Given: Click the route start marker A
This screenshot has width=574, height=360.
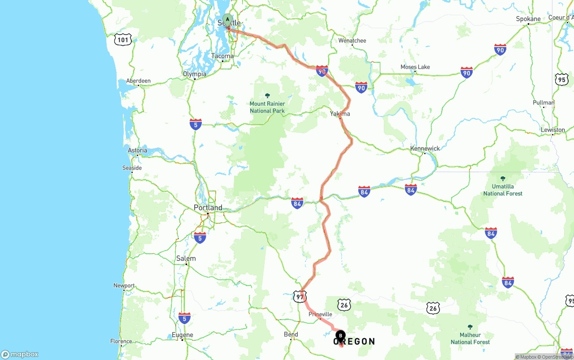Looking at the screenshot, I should tap(227, 20).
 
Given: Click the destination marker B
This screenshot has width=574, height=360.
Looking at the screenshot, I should tap(340, 335).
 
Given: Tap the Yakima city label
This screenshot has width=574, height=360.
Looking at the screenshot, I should tap(340, 114).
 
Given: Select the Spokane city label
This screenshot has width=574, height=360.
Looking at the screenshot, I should tap(528, 19).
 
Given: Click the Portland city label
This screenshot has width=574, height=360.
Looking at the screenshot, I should tap(208, 208).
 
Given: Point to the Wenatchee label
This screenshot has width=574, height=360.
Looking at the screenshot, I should tap(352, 40).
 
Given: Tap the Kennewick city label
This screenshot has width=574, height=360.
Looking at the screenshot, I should tap(425, 148).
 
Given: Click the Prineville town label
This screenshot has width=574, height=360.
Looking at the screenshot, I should tap(320, 314).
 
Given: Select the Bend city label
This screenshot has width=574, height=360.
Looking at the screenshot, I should tap(291, 334).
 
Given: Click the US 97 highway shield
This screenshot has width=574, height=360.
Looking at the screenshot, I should tap(300, 296).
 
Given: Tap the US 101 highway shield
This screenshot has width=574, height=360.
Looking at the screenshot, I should tap(123, 39).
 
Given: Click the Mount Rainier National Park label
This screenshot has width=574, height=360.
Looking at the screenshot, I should tap(267, 107).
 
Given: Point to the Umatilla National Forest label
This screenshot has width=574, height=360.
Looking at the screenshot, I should tap(503, 190).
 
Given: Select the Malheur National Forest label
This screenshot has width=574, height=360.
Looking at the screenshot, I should tap(470, 338).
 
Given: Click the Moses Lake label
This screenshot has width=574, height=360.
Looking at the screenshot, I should tap(415, 67).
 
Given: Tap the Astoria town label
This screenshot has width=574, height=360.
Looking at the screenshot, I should tap(137, 150).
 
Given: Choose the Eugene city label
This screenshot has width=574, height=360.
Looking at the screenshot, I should tap(183, 335).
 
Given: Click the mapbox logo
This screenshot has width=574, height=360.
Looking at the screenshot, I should tap(20, 354).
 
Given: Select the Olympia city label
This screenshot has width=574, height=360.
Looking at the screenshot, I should tap(195, 74).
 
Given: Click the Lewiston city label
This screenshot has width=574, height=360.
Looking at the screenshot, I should tap(553, 130).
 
